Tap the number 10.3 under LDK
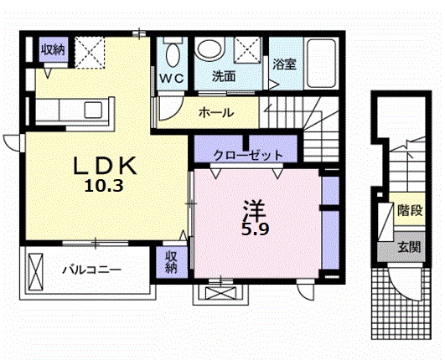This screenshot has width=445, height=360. (104, 186)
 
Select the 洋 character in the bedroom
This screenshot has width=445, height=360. (254, 211)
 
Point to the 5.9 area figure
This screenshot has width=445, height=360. (255, 229)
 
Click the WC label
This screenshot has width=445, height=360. (172, 78)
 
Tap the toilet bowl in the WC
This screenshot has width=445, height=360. (173, 54)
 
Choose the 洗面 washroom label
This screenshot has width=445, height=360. (225, 76)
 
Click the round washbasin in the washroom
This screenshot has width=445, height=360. (210, 49)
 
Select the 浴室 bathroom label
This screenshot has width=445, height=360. (285, 64)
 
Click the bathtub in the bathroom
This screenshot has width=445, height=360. (322, 63)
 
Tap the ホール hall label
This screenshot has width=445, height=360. (216, 113)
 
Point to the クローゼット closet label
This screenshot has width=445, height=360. (248, 155)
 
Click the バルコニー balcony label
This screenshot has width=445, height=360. (92, 270)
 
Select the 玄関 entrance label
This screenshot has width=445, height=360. (409, 247)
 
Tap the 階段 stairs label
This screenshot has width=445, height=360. (410, 210)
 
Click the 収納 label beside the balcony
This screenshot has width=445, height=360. (171, 262)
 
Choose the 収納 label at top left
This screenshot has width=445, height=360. (54, 50)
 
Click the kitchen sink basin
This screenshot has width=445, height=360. (93, 110)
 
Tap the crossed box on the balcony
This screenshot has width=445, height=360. (36, 272)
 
